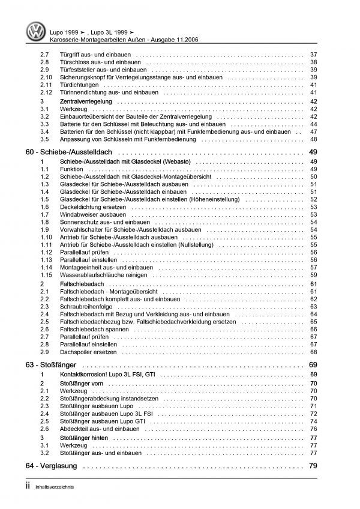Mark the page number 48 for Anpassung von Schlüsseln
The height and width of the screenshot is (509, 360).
coord(314,139)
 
